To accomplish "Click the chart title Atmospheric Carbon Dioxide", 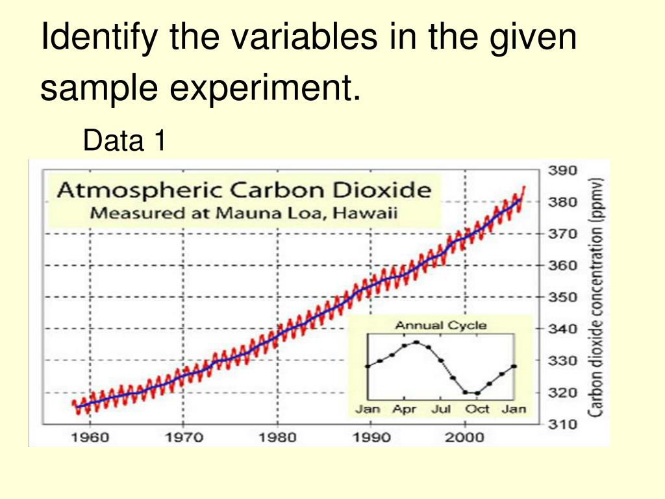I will [x=244, y=190].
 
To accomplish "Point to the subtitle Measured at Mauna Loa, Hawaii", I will [x=244, y=212].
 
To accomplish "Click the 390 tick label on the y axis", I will [x=563, y=171].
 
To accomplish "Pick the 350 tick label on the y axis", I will [x=563, y=297].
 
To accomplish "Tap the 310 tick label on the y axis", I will [x=563, y=424].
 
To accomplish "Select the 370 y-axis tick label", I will [x=563, y=234].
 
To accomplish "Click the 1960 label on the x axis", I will [x=90, y=436].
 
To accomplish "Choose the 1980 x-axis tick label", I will [x=277, y=436].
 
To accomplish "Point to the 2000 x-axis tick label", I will [x=465, y=436].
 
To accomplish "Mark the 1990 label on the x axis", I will [x=371, y=436].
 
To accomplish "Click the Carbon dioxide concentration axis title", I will [x=597, y=296].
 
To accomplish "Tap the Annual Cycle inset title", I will [x=441, y=325].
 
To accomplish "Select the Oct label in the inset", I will [x=478, y=409].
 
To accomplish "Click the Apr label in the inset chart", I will [x=404, y=409].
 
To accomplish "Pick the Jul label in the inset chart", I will [x=441, y=409].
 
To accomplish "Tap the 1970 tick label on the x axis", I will [x=184, y=436].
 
